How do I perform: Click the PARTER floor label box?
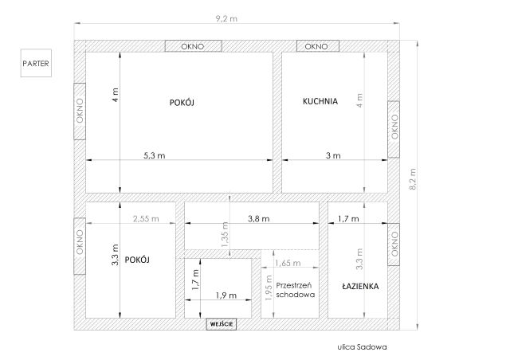pos(36,63)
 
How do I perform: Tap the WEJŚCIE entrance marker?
pos(222,324)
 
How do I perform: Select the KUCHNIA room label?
pos(320,101)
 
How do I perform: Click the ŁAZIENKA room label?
pos(360,286)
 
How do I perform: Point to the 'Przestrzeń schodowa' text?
pos(296,290)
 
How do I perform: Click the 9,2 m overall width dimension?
pos(226,18)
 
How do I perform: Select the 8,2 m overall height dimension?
pos(413,179)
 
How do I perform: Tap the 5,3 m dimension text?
pos(155,155)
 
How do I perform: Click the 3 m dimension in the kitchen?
pos(333,155)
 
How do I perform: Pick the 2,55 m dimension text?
pos(146,218)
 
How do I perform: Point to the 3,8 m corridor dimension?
pos(259,218)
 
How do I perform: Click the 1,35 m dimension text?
pos(225,234)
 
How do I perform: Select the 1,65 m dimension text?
pos(288,263)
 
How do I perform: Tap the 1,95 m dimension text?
pos(269,288)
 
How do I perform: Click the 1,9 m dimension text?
pos(226,295)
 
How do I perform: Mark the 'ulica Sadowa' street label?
pos(362,346)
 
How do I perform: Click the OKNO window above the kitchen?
pos(318,46)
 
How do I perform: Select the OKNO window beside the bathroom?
pos(394,245)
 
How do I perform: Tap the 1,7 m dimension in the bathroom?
pos(348,218)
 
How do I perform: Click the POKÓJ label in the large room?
pos(182,103)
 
